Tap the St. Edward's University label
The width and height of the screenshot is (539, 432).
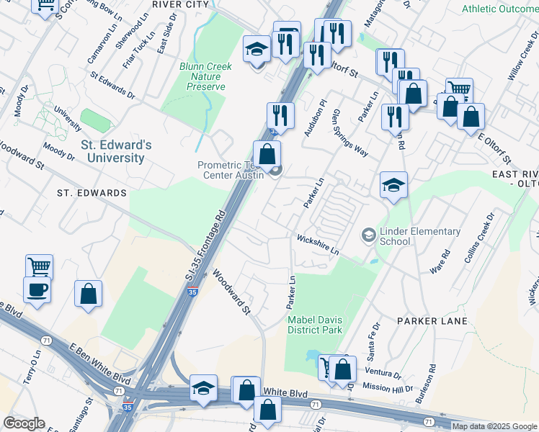click(116, 151)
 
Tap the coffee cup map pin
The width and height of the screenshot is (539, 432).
click(37, 289)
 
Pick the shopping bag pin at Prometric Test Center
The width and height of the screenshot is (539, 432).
click(267, 153)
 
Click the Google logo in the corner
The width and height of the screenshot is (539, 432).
click(24, 423)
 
